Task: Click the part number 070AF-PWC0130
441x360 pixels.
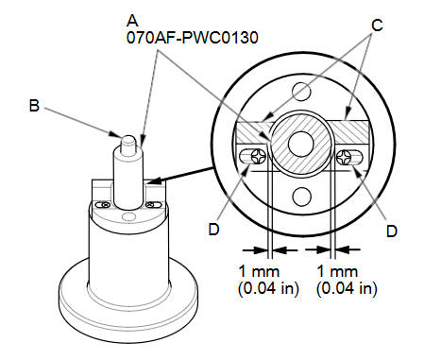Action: point(193,38)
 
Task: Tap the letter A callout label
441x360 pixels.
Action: point(132,21)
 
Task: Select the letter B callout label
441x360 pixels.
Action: point(34,106)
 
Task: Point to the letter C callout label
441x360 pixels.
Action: point(377,26)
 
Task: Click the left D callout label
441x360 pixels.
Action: point(213,230)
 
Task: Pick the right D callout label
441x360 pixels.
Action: point(392,231)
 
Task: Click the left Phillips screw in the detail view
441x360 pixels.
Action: point(259,156)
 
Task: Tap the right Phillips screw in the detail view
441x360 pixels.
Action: point(344,157)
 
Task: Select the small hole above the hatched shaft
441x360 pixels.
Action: point(301,92)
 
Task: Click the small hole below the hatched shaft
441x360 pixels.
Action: point(301,196)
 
